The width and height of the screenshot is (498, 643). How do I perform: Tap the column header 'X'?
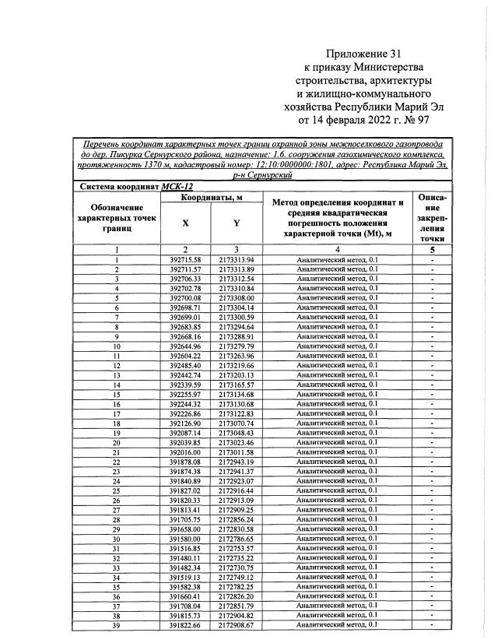pos(185,223)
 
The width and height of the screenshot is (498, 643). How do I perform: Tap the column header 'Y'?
pos(237,223)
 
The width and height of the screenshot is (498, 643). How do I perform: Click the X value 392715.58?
pos(185,258)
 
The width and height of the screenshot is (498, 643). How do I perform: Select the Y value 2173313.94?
pos(237,258)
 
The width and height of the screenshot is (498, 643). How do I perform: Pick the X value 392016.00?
pos(185,452)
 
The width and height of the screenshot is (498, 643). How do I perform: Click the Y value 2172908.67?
pos(237,625)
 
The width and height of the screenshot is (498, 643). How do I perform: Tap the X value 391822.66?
pos(185,625)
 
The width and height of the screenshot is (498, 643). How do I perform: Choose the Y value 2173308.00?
pos(237,297)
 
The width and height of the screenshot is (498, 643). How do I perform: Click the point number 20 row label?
pos(117,442)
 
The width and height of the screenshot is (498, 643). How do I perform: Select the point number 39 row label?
pos(117,625)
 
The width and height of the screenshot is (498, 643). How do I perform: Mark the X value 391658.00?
pos(185,529)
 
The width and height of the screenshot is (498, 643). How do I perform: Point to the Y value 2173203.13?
pos(237,374)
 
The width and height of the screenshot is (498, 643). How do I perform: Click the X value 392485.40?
pos(185,365)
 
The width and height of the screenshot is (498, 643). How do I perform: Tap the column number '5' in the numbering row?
pos(431,249)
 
